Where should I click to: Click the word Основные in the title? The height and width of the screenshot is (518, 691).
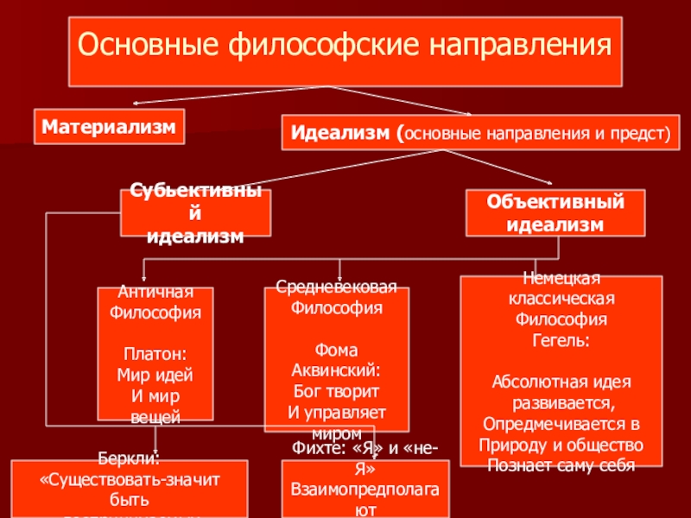pyautogui.click(x=148, y=44)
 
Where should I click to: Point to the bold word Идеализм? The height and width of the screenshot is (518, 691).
pyautogui.click(x=339, y=135)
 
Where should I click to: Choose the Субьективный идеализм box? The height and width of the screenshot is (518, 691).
pyautogui.click(x=194, y=213)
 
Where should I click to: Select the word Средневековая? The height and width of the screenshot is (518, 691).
pyautogui.click(x=336, y=287)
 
